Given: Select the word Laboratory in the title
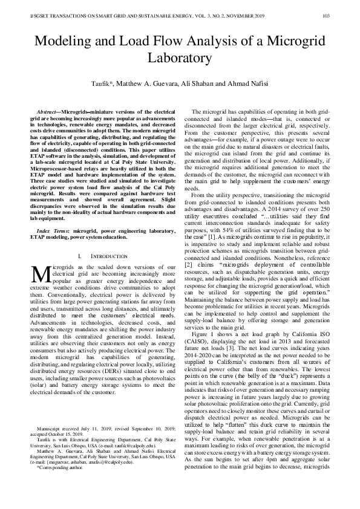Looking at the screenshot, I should point(180,59).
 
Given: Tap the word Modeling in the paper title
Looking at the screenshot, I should point(63,42).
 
